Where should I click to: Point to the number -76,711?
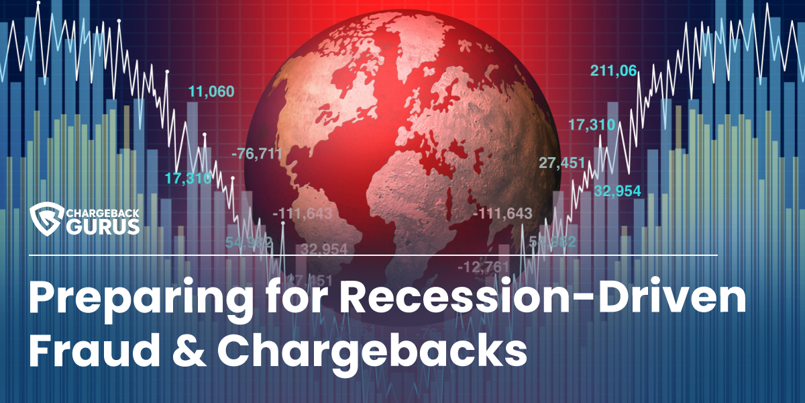click(x=257, y=154)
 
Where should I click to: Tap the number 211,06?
click(x=613, y=69)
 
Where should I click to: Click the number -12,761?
click(x=483, y=267)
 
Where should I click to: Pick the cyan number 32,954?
click(x=617, y=190)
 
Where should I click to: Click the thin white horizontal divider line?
click(x=372, y=255)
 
